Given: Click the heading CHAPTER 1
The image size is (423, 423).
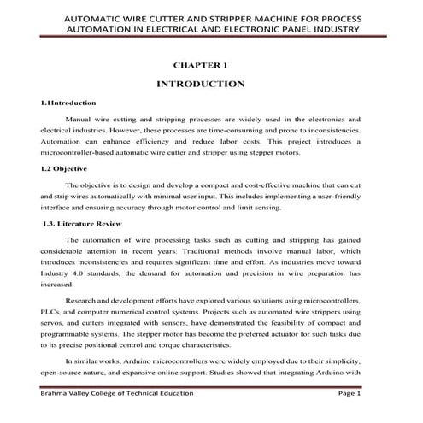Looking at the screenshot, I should [x=203, y=64].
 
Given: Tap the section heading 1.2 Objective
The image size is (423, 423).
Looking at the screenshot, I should [x=66, y=169].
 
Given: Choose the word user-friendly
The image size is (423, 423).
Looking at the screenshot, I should [x=332, y=195].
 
